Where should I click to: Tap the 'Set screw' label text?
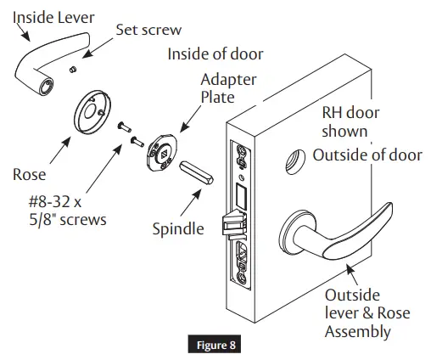pyautogui.click(x=148, y=31)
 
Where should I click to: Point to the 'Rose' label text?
pyautogui.click(x=30, y=175)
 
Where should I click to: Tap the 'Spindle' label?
pyautogui.click(x=180, y=229)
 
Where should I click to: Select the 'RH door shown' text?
pyautogui.click(x=344, y=122)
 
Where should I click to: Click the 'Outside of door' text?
pyautogui.click(x=367, y=155)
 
